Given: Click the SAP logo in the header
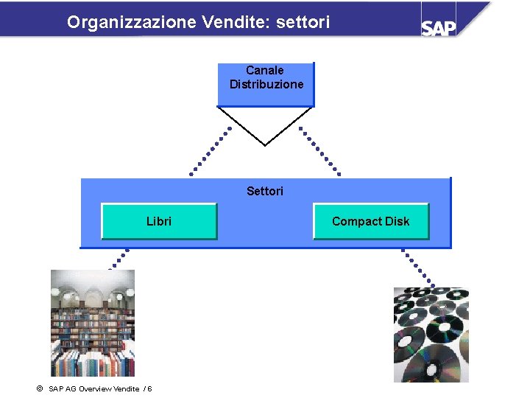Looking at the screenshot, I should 439,27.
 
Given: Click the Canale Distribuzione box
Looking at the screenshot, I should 266,84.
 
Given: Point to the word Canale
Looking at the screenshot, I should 265,71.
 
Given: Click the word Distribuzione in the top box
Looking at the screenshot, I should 266,85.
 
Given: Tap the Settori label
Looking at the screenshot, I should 265,192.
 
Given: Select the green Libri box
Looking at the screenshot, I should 159,221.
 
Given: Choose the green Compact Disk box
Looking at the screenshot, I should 370,221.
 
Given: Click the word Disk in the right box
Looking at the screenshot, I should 397,221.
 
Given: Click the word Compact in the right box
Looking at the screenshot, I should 357,221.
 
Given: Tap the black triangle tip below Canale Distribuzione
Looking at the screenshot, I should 265,144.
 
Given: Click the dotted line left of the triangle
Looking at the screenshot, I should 211,151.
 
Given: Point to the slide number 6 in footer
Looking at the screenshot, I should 149,388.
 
